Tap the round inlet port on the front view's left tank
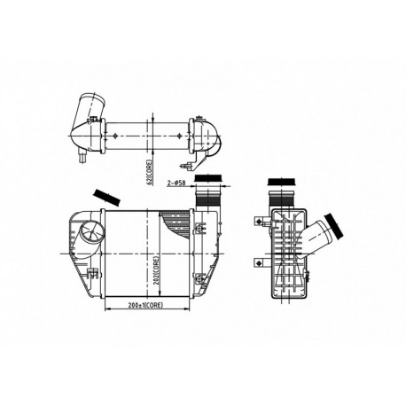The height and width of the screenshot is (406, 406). [90, 236]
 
